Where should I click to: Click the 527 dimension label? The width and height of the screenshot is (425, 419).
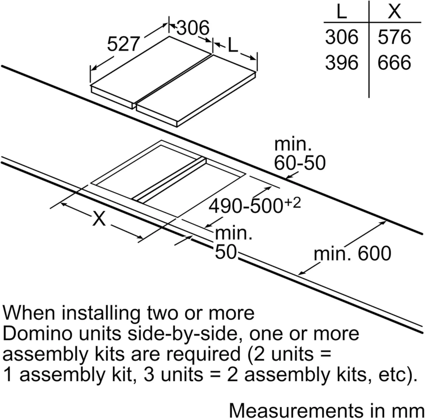124,44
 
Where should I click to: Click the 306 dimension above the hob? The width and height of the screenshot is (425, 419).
193,28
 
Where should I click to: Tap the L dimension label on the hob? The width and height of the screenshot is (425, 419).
233,46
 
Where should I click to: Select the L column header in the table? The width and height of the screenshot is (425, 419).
342,12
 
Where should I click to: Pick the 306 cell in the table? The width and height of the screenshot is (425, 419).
341,37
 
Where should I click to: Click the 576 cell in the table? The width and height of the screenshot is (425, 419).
394,37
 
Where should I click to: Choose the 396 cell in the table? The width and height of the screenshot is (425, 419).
341,62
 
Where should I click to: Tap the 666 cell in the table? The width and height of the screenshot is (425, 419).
394,62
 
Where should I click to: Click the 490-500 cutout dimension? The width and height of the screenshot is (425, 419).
245,206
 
